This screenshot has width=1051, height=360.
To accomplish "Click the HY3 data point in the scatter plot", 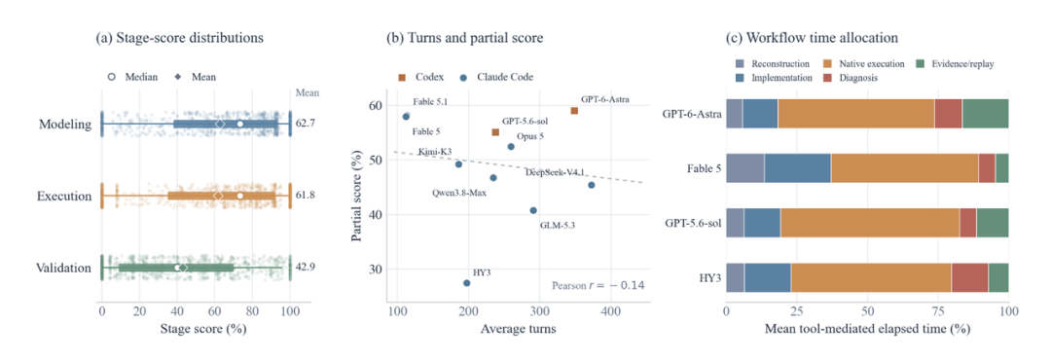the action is (x=466, y=283).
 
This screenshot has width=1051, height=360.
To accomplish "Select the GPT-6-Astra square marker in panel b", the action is (x=574, y=111).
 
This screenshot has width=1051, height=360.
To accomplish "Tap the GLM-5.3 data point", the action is (x=533, y=210).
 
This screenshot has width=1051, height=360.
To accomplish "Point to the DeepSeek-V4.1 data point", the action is (x=592, y=185).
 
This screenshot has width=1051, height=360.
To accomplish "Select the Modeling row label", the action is (x=65, y=124).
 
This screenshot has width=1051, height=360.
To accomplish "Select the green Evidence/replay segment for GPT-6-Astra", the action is (x=985, y=113).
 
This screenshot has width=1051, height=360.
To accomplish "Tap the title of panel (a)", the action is (x=180, y=38).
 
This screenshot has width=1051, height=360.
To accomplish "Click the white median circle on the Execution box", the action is (x=240, y=196).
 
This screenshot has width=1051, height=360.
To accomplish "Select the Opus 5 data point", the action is (x=511, y=146).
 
